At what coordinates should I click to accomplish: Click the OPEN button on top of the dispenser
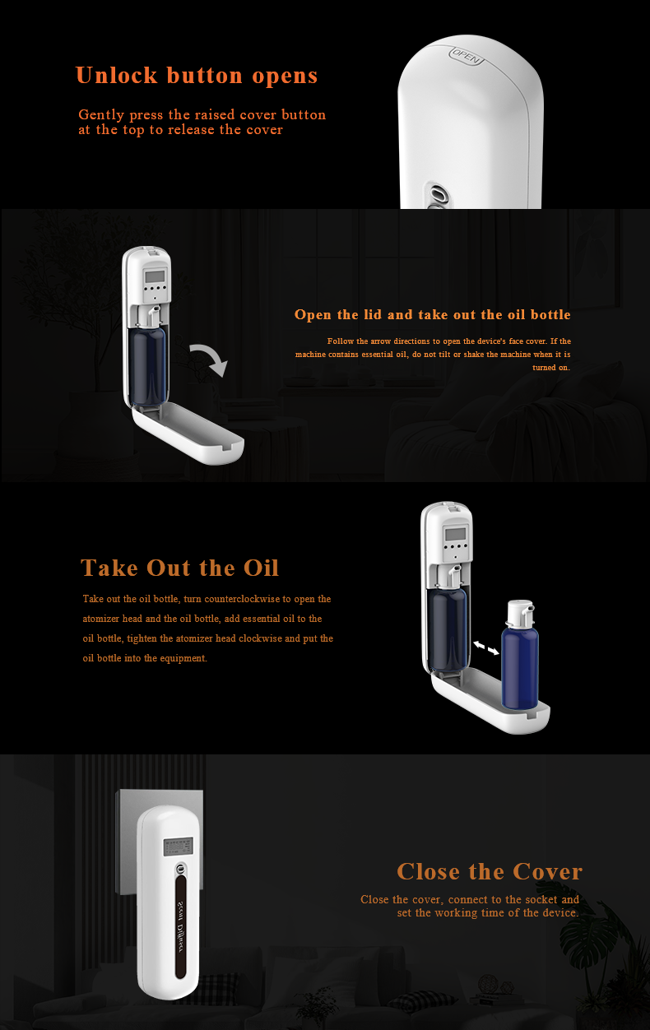[467, 56]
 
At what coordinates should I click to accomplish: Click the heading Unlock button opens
[197, 76]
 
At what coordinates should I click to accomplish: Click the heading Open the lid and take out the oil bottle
[433, 314]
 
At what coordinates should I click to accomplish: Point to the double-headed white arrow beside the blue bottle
[486, 647]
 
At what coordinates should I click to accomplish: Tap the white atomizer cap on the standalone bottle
[520, 611]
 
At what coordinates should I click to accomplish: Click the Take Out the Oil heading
[180, 568]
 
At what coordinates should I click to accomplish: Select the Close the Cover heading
[490, 871]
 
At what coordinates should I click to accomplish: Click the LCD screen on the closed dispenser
[178, 846]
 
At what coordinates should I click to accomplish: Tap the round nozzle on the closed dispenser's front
[181, 869]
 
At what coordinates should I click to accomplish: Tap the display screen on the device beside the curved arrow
[155, 276]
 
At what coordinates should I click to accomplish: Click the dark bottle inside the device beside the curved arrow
[147, 365]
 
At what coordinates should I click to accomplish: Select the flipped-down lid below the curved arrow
[188, 433]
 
